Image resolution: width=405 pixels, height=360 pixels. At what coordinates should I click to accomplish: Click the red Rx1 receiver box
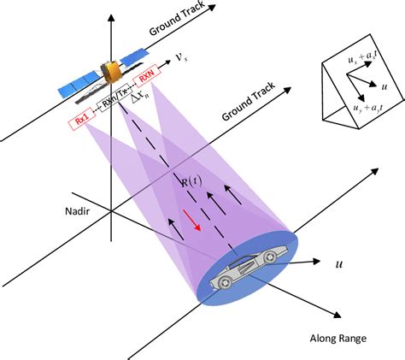click(81, 123)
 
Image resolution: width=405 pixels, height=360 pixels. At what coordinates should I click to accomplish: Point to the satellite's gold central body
click(110, 74)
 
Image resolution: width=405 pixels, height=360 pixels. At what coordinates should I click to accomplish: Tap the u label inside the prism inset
click(386, 86)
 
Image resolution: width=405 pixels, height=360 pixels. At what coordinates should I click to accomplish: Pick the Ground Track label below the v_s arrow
click(244, 102)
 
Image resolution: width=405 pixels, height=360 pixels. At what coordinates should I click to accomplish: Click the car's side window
click(247, 253)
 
